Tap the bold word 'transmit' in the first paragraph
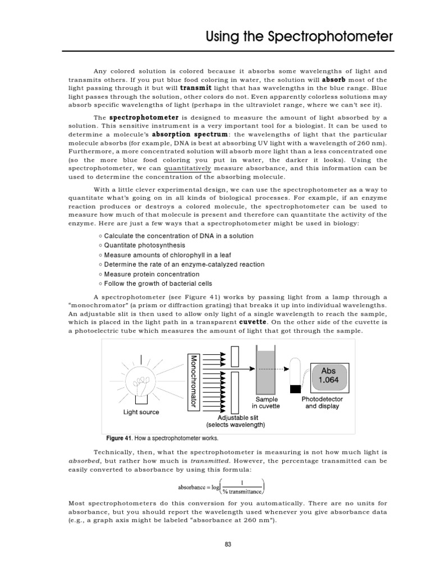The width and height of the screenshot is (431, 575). pyautogui.click(x=181, y=88)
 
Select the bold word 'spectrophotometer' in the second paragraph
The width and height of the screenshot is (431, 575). pyautogui.click(x=144, y=117)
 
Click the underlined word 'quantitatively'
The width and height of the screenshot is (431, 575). pyautogui.click(x=187, y=168)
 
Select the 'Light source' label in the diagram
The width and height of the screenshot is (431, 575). pyautogui.click(x=141, y=412)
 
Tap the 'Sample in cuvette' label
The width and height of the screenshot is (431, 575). pyautogui.click(x=265, y=402)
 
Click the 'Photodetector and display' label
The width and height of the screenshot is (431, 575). pyautogui.click(x=322, y=402)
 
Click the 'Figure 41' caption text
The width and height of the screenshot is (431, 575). pyautogui.click(x=162, y=438)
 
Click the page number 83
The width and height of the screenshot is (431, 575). pyautogui.click(x=227, y=544)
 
